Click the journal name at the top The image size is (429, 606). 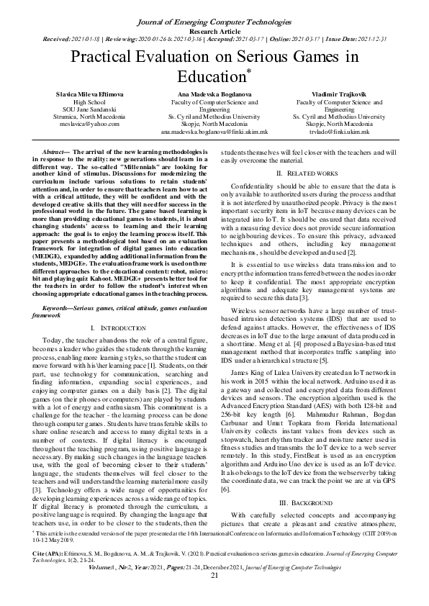214,7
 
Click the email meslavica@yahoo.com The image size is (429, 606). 70,124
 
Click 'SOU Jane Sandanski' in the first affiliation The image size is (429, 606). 70,109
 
